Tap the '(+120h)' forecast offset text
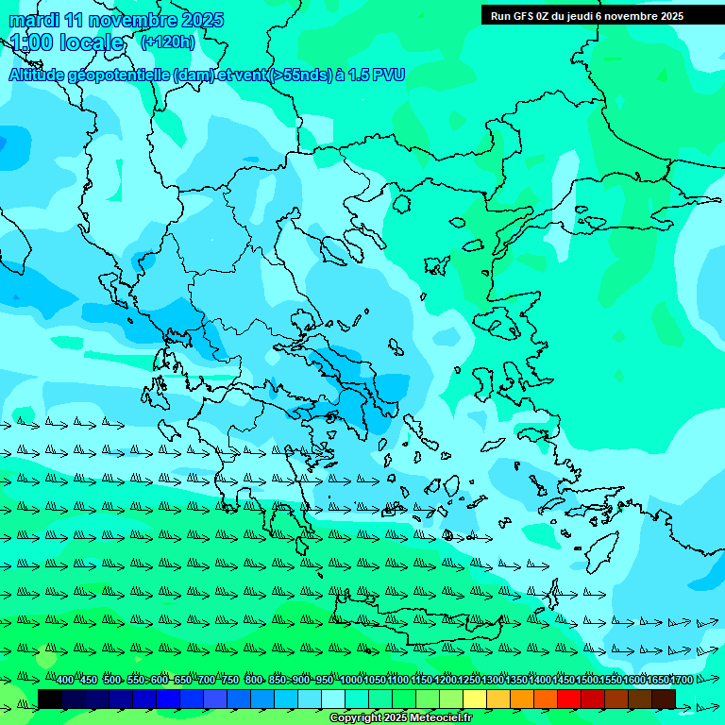coord(167,42)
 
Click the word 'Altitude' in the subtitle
coord(43,75)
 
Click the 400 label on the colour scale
coord(64,681)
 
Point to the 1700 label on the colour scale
coord(681,681)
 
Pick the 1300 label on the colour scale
coord(492,681)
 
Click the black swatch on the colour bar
coord(50,699)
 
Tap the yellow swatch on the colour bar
coord(475,699)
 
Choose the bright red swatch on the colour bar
coord(569,699)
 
